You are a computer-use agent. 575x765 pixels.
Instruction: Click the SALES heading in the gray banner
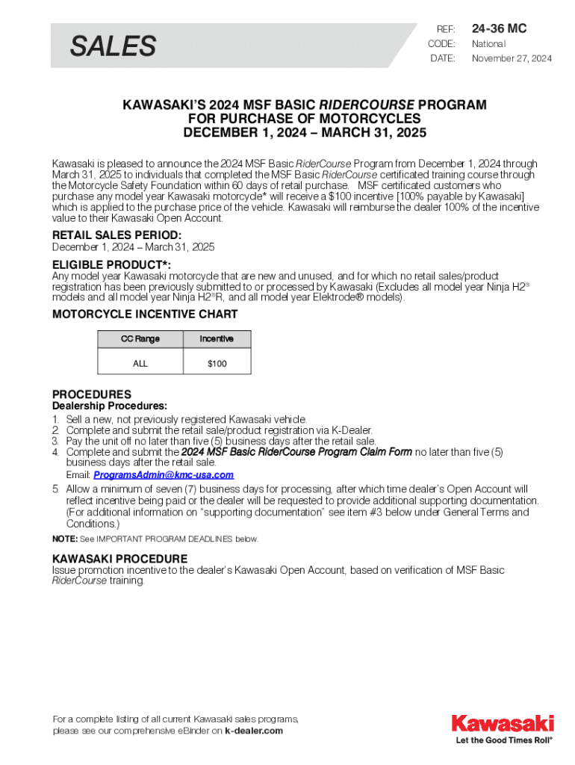click(113, 47)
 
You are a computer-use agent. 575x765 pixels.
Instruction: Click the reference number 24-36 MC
click(499, 29)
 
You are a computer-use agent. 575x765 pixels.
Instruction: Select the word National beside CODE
click(488, 44)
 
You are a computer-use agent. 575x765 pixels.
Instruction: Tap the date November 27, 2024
click(512, 58)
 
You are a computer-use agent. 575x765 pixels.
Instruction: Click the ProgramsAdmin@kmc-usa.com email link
click(164, 475)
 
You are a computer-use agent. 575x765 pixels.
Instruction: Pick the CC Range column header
click(140, 339)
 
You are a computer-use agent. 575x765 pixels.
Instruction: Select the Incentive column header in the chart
click(217, 339)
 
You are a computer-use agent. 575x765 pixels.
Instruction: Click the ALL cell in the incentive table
click(140, 363)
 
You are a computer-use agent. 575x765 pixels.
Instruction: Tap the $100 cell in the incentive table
click(217, 363)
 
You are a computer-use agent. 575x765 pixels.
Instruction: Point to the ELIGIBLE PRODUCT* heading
click(111, 265)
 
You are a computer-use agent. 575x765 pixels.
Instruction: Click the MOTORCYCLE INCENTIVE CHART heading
click(145, 315)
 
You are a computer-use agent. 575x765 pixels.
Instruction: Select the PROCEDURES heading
click(92, 394)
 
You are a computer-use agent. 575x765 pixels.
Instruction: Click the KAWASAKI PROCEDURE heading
click(119, 559)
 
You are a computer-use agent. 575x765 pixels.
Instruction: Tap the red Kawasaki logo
click(502, 724)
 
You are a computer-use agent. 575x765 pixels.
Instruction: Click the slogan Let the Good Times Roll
click(504, 741)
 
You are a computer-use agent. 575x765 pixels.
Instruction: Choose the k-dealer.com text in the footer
click(254, 731)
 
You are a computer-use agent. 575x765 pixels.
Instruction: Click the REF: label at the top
click(446, 29)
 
